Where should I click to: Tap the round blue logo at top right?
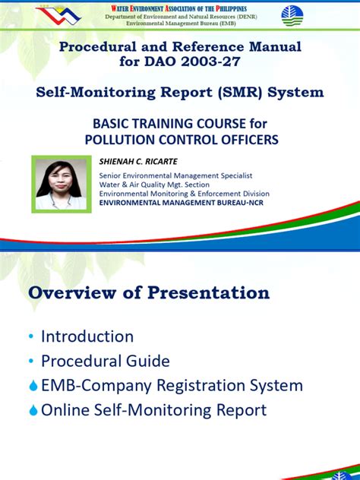pos(292,15)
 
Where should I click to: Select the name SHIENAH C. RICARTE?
pos(137,162)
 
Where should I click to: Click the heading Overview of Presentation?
pos(149,293)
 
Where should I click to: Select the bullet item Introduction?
pos(87,336)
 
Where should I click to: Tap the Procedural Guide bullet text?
pos(105,361)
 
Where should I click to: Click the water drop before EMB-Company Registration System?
pos(33,386)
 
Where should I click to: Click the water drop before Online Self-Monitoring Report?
pos(33,411)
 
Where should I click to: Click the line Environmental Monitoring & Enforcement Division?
pos(184,194)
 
